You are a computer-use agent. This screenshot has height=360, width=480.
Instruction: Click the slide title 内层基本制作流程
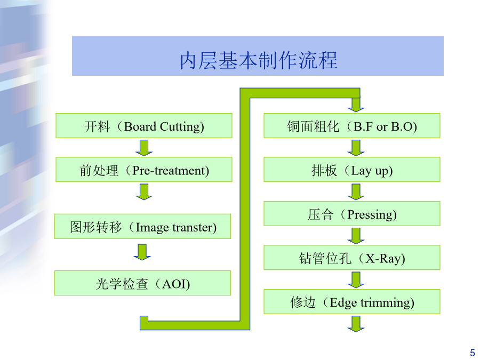pyautogui.click(x=259, y=60)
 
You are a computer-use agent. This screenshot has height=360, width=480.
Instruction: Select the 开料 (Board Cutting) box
pyautogui.click(x=144, y=125)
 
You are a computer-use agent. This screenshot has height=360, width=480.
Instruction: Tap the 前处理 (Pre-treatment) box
pyautogui.click(x=144, y=170)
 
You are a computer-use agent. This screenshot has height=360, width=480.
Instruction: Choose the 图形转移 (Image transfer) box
pyautogui.click(x=142, y=226)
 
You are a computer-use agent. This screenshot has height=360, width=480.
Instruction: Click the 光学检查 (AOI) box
pyautogui.click(x=142, y=283)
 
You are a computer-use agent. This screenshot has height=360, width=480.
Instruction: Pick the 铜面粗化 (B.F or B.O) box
pyautogui.click(x=352, y=125)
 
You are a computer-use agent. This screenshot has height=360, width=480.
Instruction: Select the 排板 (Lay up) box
pyautogui.click(x=352, y=170)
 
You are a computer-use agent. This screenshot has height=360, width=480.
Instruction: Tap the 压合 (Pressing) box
pyautogui.click(x=352, y=214)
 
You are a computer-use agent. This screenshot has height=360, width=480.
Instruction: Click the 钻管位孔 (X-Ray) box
pyautogui.click(x=352, y=258)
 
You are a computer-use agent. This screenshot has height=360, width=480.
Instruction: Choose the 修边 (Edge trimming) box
pyautogui.click(x=352, y=301)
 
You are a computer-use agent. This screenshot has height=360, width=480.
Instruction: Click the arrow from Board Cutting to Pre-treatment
pyautogui.click(x=144, y=148)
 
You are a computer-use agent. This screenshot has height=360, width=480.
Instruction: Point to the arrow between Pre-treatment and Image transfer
pyautogui.click(x=144, y=192)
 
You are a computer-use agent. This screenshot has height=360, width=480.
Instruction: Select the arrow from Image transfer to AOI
pyautogui.click(x=142, y=252)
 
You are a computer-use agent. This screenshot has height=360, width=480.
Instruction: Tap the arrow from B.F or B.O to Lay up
pyautogui.click(x=356, y=148)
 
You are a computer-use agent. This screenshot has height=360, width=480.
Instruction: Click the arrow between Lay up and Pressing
pyautogui.click(x=356, y=192)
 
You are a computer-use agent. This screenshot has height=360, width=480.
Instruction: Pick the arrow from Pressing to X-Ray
pyautogui.click(x=356, y=236)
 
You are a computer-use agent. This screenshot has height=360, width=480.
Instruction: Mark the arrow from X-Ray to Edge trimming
pyautogui.click(x=356, y=280)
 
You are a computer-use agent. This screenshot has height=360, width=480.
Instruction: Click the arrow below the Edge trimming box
pyautogui.click(x=356, y=324)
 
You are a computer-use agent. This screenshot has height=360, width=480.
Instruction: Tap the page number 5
pyautogui.click(x=473, y=353)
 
